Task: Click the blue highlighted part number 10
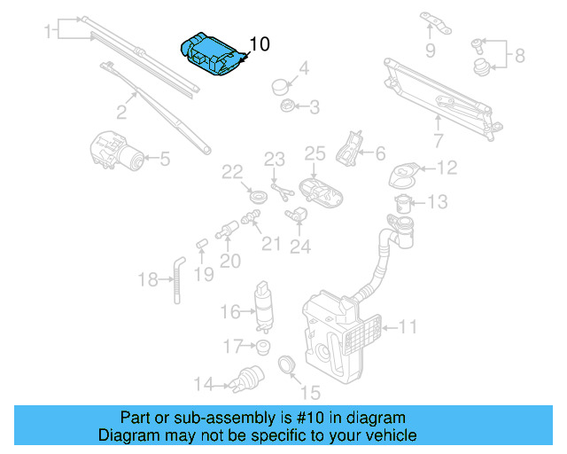click(x=211, y=55)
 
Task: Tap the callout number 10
click(x=260, y=43)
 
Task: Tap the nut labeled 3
click(x=287, y=107)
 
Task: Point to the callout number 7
click(x=438, y=140)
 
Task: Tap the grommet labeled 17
click(x=261, y=346)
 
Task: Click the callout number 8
click(x=519, y=55)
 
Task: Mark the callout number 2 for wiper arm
click(x=122, y=112)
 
